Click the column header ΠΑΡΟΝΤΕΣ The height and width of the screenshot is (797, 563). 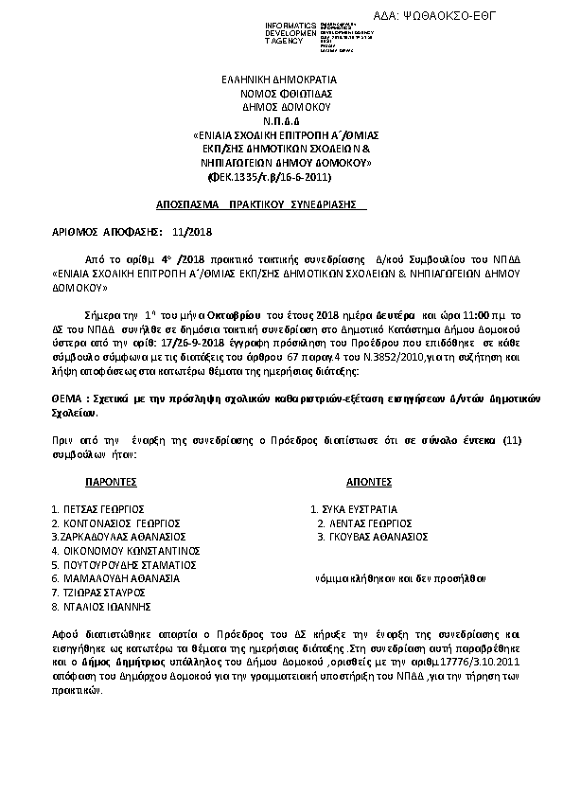click(x=117, y=481)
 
